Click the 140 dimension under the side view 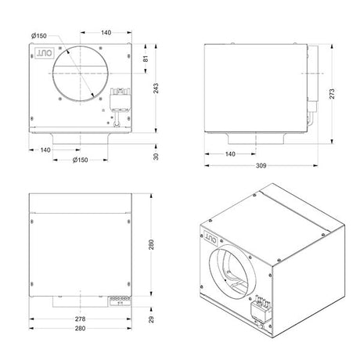[230, 154]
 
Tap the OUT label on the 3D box [213, 232]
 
